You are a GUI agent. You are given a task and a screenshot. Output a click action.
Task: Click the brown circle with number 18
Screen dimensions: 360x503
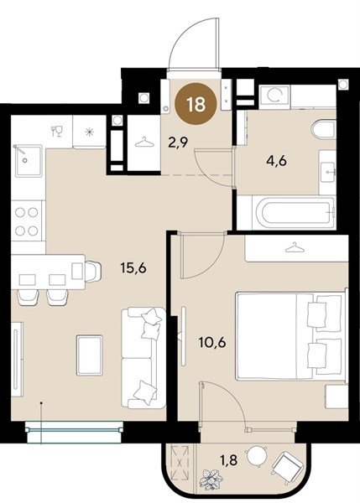[x=196, y=104]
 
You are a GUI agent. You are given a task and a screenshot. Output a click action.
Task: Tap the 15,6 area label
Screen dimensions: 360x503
[x=133, y=267]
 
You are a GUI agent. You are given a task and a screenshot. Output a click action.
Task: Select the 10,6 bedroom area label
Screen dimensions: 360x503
[x=212, y=342]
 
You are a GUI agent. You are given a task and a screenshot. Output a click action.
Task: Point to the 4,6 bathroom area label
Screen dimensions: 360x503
[x=276, y=161]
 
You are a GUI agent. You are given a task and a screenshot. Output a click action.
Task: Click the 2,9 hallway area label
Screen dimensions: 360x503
[x=178, y=142]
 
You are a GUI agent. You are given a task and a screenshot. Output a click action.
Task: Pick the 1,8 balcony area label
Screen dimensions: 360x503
[x=228, y=460]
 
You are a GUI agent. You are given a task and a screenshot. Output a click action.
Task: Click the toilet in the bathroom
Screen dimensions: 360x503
[x=324, y=130]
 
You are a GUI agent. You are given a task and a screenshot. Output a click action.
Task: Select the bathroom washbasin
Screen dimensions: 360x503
[x=327, y=172]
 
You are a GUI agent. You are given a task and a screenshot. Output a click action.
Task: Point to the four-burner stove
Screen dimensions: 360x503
[x=27, y=221]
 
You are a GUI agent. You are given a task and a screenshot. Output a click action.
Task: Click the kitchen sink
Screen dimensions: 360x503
[x=29, y=160]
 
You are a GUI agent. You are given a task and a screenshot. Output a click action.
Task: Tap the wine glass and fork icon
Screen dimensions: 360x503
[x=57, y=132]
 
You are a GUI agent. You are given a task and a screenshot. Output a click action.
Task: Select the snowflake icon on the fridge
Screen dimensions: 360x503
[x=89, y=132]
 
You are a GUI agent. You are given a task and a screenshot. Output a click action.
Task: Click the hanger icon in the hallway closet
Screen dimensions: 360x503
[x=144, y=143]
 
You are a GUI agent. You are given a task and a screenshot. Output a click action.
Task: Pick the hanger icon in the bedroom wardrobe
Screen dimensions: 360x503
[x=295, y=247]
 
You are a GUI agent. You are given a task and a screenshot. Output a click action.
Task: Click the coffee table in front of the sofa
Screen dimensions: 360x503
[x=90, y=355]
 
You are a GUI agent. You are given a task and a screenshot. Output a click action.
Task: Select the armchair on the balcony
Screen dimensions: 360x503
[x=287, y=464]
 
